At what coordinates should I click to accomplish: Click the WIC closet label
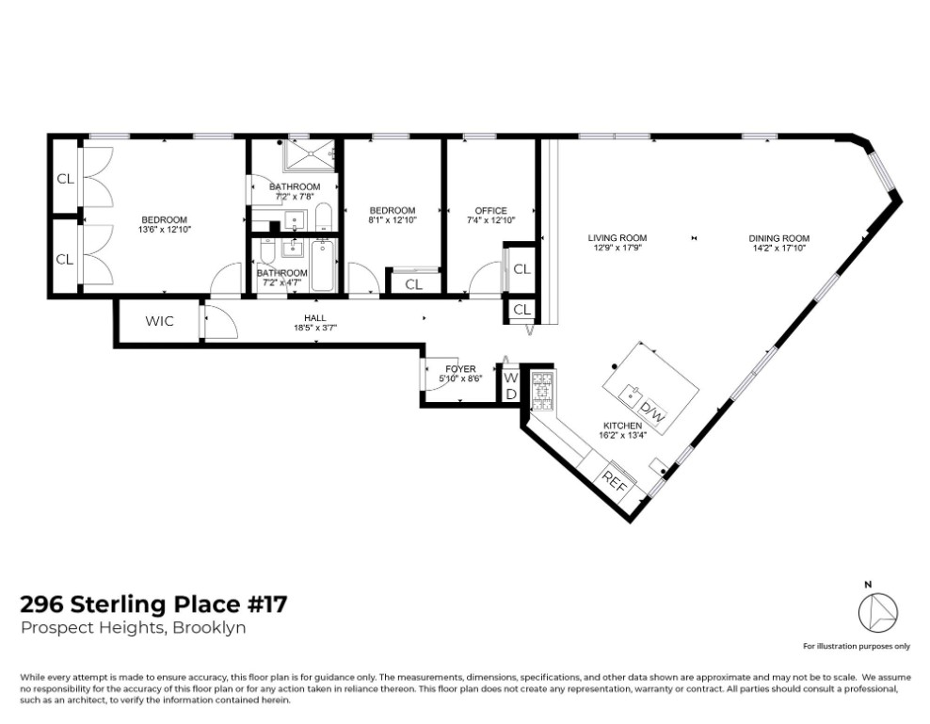pos(159,321)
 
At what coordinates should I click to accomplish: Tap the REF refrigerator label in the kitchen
pos(615,480)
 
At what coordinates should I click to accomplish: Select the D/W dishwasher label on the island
pos(651,411)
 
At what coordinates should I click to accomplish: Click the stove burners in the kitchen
pos(542,391)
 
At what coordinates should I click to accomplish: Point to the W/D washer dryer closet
pos(510,386)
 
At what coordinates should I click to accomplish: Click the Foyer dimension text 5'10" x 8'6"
pos(461,378)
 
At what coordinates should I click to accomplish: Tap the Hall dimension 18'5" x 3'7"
pos(315,328)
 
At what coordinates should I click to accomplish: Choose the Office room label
pos(491,211)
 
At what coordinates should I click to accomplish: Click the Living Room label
pos(617,238)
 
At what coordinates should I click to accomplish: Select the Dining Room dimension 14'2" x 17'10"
pos(778,248)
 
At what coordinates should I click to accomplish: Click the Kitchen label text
pos(623,426)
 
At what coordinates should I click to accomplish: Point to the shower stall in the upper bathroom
pos(310,155)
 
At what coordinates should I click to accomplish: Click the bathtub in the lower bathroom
pos(323,265)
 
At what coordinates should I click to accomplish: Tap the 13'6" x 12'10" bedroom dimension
pos(165,229)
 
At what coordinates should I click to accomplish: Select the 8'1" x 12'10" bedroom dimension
pos(393,219)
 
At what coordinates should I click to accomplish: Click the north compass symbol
pos(878,612)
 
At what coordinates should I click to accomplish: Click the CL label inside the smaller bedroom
pos(413,284)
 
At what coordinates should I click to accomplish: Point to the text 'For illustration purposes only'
pos(857,646)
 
